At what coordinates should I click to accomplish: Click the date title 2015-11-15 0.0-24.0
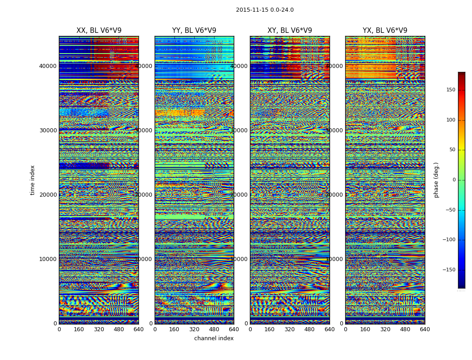[264, 10]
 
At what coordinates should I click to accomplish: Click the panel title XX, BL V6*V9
[99, 31]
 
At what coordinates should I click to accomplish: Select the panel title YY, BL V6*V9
[194, 31]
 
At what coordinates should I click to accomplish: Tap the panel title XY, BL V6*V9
[289, 31]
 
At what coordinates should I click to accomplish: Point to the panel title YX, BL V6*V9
[385, 31]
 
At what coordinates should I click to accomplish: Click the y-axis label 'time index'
[32, 180]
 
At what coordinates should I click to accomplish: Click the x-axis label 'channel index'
[214, 338]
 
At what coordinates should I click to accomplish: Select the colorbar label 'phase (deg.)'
[436, 180]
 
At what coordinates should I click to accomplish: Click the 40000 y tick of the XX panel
[48, 66]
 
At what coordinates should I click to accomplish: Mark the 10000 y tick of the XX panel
[48, 259]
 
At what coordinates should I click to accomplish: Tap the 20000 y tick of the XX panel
[48, 195]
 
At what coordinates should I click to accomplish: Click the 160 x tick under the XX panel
[79, 329]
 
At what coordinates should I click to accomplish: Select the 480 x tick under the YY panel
[214, 329]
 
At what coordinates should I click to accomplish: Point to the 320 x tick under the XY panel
[289, 329]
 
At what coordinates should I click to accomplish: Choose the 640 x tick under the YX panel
[425, 329]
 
